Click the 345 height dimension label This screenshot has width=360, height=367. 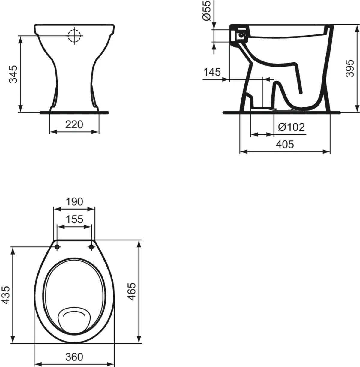14,74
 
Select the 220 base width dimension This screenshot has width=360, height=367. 74,124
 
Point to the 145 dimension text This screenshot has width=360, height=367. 212,72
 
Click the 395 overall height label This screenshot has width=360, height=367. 350,68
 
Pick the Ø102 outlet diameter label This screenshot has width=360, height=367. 291,127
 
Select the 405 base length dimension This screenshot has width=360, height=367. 285,145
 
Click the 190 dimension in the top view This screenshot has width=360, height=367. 74,202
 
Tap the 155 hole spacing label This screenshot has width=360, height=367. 74,219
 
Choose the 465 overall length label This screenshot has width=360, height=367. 132,291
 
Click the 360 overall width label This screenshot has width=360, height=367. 74,357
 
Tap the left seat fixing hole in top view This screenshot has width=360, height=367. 57,247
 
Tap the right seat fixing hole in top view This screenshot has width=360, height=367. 91,247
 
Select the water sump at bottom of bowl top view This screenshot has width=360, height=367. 75,318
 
